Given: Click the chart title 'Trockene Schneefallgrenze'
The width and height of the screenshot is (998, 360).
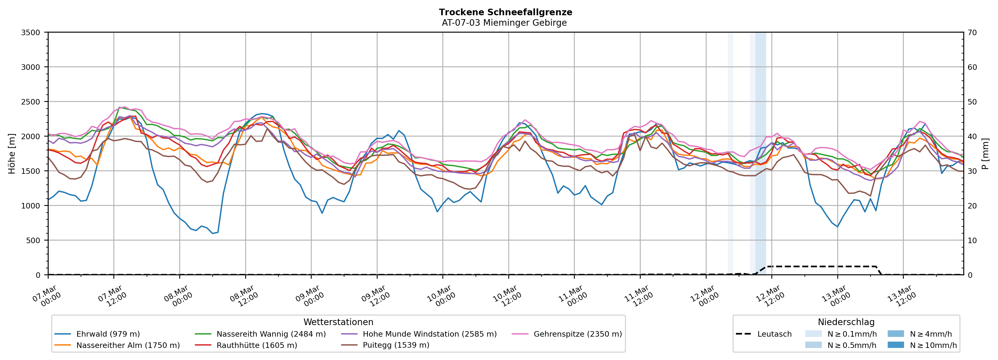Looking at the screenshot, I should point(505,12).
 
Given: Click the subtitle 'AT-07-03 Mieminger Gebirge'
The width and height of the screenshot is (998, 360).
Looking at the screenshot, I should point(504,23).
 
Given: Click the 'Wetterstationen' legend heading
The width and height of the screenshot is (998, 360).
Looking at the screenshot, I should point(338,322).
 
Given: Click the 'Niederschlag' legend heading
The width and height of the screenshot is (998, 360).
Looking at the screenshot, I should point(846,322).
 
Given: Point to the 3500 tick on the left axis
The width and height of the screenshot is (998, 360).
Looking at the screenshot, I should point(31,33).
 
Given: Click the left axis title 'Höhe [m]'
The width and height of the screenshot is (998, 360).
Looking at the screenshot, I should point(12,153).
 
